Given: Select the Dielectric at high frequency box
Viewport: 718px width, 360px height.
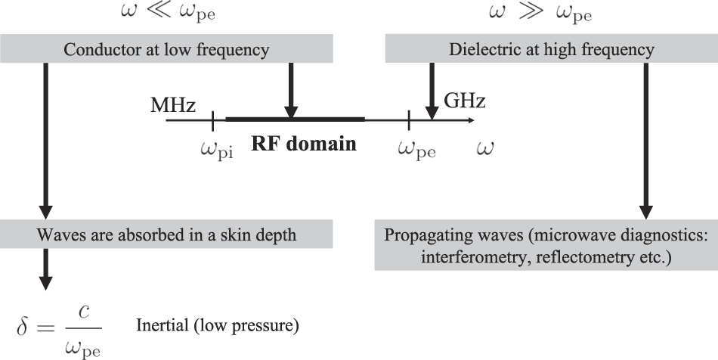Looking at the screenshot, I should (x=551, y=50).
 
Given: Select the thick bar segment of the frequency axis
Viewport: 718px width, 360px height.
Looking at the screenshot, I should (x=295, y=119).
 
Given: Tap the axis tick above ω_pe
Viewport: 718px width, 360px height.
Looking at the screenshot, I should (x=409, y=119).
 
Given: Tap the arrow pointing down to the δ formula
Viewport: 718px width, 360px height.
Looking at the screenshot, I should (x=45, y=268).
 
